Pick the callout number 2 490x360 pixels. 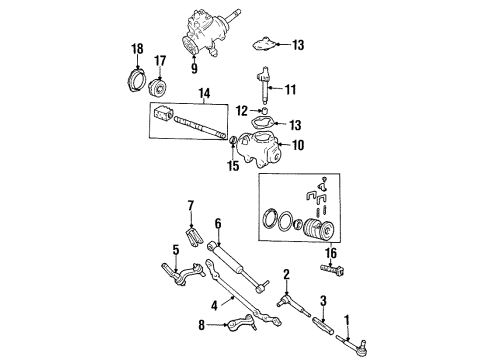(x=286, y=273)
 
